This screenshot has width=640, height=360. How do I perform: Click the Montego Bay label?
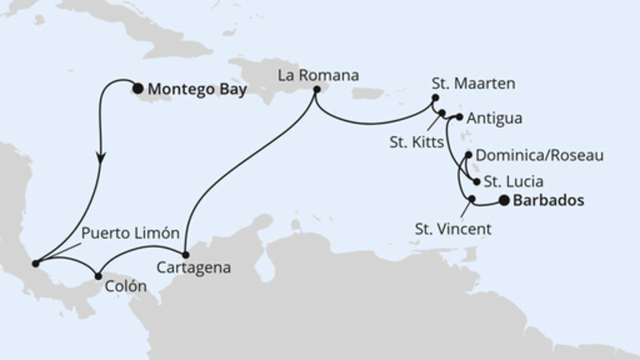pyautogui.click(x=194, y=90)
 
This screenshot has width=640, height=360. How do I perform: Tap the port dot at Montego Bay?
pyautogui.click(x=138, y=90)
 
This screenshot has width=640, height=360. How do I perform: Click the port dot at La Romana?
pyautogui.click(x=316, y=90)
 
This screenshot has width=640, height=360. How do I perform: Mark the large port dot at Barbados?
pyautogui.click(x=504, y=201)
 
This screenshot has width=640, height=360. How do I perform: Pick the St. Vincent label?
pyautogui.click(x=453, y=230)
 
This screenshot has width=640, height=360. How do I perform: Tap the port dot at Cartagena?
pyautogui.click(x=186, y=254)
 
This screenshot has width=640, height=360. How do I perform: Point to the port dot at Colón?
pyautogui.click(x=98, y=276)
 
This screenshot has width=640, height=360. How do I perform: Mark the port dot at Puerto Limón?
pyautogui.click(x=34, y=262)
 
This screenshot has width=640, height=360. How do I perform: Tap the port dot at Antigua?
pyautogui.click(x=459, y=118)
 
